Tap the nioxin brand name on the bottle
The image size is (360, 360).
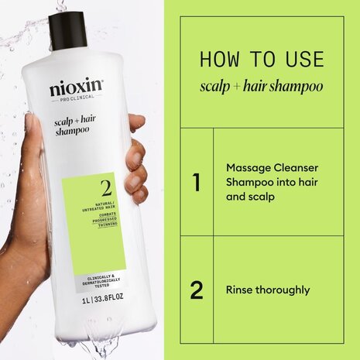76,89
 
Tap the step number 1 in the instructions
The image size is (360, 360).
196,183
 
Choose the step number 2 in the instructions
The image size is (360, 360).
196,291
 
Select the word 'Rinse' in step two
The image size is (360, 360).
240,291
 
